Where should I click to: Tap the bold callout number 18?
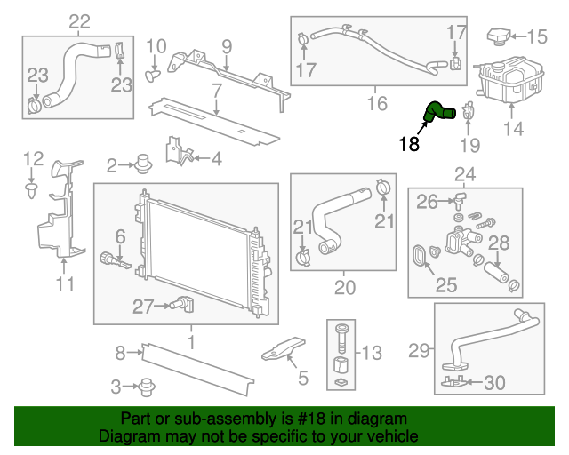click(409, 144)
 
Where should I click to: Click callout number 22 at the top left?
click(79, 20)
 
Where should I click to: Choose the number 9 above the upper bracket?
click(227, 46)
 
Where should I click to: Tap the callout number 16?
click(377, 104)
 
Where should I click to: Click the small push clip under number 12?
click(32, 189)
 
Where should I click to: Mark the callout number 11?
click(65, 284)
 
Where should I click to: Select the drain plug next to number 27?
click(185, 306)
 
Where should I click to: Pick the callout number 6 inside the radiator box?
click(120, 237)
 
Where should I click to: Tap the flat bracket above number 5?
click(284, 349)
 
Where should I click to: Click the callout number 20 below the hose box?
click(344, 287)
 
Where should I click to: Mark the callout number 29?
click(419, 350)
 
